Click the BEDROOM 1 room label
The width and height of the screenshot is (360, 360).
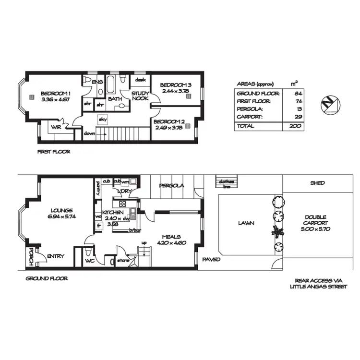tap(56, 93)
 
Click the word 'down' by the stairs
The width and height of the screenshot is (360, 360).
tap(89, 134)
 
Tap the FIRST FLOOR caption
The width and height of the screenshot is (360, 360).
tap(54, 152)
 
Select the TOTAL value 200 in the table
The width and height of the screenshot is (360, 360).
tap(295, 126)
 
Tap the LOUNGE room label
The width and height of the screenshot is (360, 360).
tap(60, 210)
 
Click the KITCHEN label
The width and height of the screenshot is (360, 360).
tap(113, 212)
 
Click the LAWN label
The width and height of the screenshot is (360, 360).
tap(245, 223)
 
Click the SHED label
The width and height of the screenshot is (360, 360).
tap(318, 183)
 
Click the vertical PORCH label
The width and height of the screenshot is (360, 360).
tap(30, 257)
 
